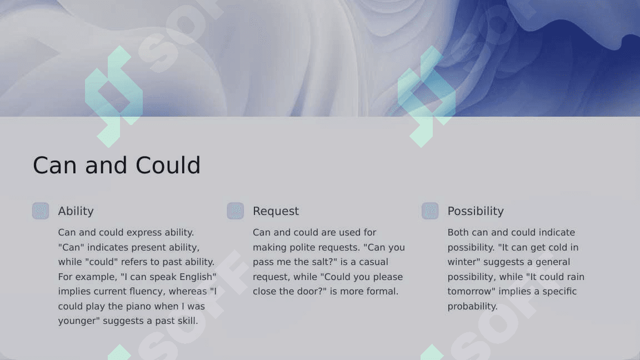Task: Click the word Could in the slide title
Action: (x=168, y=166)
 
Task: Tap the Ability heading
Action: (x=76, y=211)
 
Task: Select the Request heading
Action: (x=276, y=212)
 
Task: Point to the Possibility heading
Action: (x=476, y=211)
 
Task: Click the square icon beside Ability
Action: (x=41, y=211)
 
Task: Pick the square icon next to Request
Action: (x=236, y=211)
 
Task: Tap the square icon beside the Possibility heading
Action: (x=430, y=211)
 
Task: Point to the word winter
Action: (x=461, y=262)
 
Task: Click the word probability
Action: (x=472, y=307)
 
